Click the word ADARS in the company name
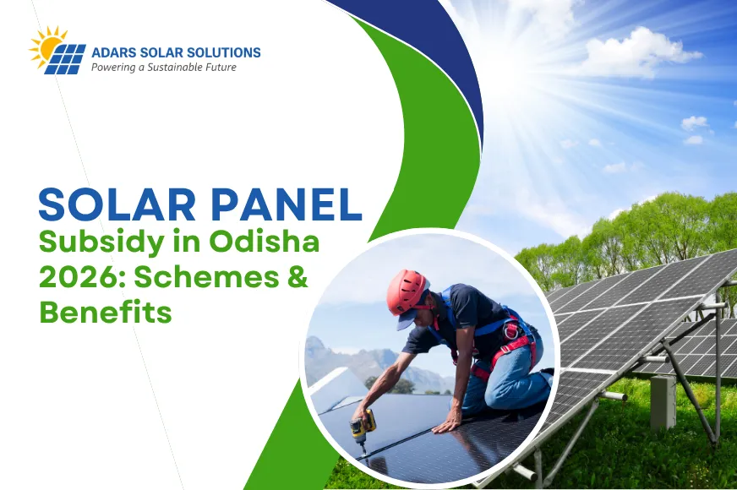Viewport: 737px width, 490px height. pos(114,52)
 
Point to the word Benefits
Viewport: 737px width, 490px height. pos(106,313)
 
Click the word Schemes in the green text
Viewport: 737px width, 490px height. pos(203,278)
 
